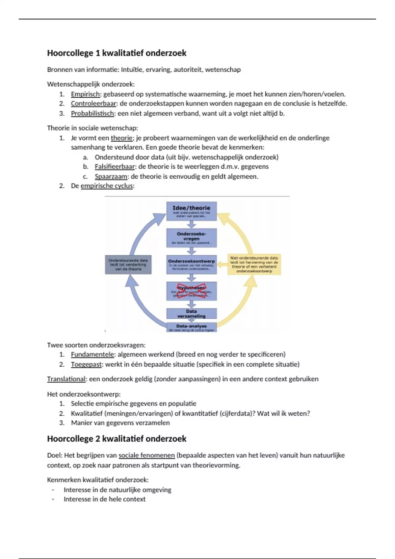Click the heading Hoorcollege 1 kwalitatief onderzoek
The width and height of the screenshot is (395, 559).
pos(117,53)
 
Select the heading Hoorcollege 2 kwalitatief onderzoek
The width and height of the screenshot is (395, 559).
pos(117,439)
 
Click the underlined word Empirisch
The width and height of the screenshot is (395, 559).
pos(85,94)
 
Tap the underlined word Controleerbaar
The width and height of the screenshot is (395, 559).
pos(93,104)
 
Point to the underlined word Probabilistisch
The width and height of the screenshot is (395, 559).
pos(92,113)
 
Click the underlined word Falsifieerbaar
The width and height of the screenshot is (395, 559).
pos(115,167)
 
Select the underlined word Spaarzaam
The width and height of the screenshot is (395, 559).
pos(111,177)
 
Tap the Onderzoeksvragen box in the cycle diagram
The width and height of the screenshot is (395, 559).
pos(191,238)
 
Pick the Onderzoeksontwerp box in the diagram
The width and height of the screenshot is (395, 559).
pos(191,265)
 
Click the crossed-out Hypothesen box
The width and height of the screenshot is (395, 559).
pos(191,291)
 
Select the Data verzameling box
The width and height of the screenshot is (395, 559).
pos(191,313)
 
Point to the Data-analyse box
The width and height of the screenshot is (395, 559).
pos(191,328)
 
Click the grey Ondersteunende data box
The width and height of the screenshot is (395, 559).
pos(128,265)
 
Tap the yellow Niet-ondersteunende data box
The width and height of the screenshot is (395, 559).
pos(254,264)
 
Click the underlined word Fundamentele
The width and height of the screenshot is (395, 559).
pos(92,354)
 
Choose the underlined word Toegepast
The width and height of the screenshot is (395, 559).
pos(86,364)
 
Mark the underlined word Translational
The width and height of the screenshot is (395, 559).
pos(66,379)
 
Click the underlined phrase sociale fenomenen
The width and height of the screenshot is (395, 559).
pos(146,455)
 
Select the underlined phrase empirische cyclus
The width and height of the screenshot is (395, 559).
pos(107,186)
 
